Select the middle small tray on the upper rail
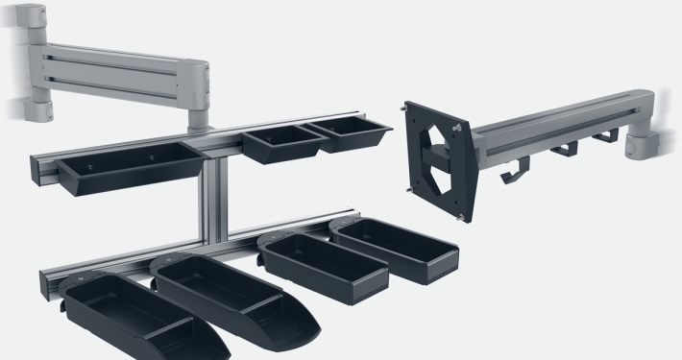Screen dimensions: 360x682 [x=282, y=146]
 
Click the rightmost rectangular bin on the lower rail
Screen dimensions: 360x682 [x=397, y=250]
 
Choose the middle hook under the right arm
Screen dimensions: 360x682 [x=566, y=150]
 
